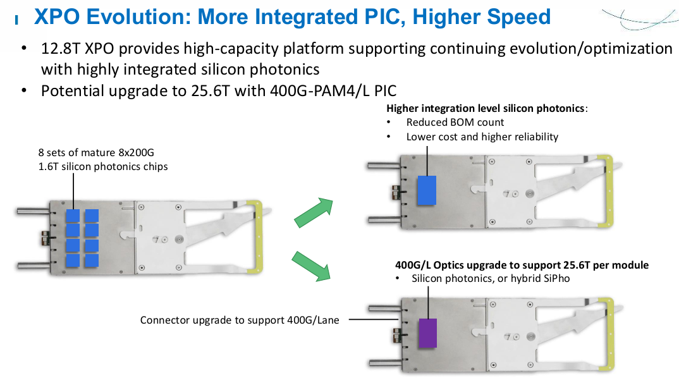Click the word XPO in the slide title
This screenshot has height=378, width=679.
(57, 17)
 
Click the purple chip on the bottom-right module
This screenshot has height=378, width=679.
(427, 333)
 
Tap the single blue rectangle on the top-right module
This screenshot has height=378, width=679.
(427, 190)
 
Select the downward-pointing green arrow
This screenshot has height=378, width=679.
(312, 266)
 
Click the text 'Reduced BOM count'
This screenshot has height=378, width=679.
(455, 123)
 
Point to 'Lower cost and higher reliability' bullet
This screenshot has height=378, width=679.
(482, 137)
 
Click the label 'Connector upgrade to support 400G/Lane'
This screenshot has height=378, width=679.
(240, 320)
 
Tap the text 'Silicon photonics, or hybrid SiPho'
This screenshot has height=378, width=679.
(491, 278)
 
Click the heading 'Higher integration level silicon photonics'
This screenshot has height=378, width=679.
(486, 108)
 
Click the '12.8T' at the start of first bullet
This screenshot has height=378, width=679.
(61, 49)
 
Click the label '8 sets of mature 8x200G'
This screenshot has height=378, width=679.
(96, 152)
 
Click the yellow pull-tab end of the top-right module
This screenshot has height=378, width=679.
(608, 190)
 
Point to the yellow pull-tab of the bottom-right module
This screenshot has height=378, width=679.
(609, 334)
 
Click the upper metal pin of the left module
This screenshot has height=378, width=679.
(34, 211)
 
